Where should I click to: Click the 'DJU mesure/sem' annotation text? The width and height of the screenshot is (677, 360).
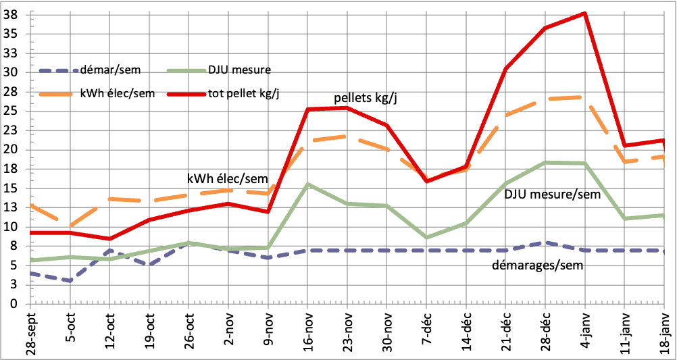[553, 195]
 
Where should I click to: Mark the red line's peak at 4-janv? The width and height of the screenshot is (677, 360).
[584, 14]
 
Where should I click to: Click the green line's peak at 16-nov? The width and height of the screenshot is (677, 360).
[307, 184]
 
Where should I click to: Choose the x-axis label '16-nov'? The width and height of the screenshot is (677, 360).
[308, 331]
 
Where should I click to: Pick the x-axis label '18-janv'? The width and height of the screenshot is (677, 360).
[665, 331]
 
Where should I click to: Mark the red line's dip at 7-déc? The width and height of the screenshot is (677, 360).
[426, 181]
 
